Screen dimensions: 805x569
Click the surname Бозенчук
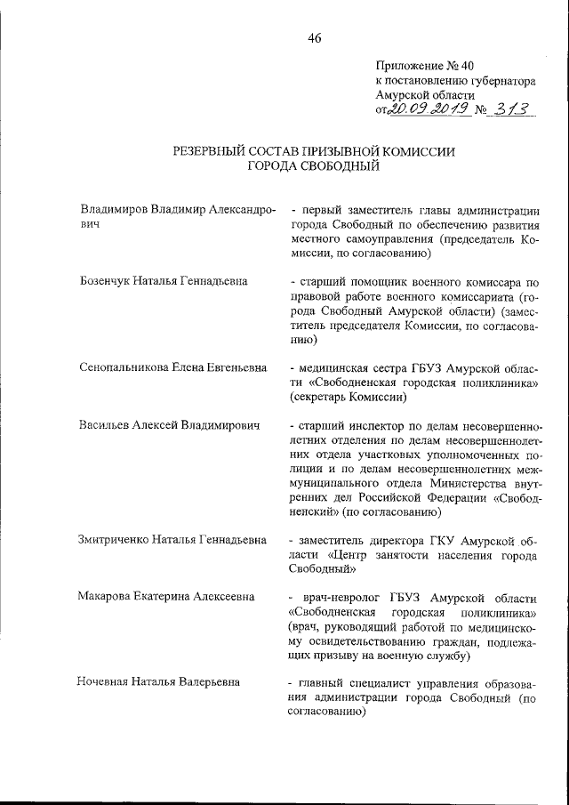(108, 282)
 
